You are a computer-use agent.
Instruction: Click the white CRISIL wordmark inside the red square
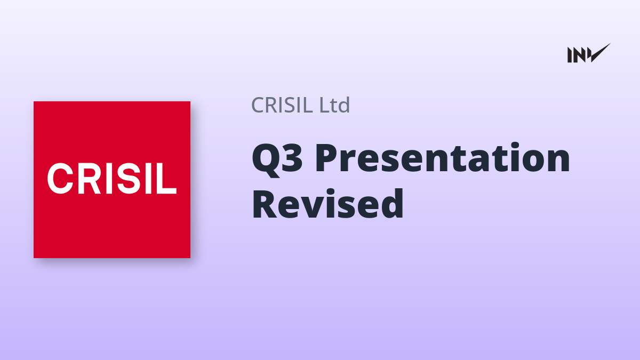tap(112, 179)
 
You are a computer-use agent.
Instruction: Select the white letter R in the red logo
tap(89, 179)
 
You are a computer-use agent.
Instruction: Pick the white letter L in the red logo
tap(165, 179)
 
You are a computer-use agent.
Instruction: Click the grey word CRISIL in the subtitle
tap(282, 105)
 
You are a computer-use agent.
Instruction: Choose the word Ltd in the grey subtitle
tap(334, 105)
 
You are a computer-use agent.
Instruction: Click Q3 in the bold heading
tap(277, 159)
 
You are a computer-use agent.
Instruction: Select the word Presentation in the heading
tap(443, 157)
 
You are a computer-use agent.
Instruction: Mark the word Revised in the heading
tap(328, 203)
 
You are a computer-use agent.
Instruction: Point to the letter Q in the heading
tap(265, 160)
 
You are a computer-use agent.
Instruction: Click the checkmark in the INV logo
tap(600, 53)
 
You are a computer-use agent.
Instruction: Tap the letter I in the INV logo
tap(570, 55)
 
